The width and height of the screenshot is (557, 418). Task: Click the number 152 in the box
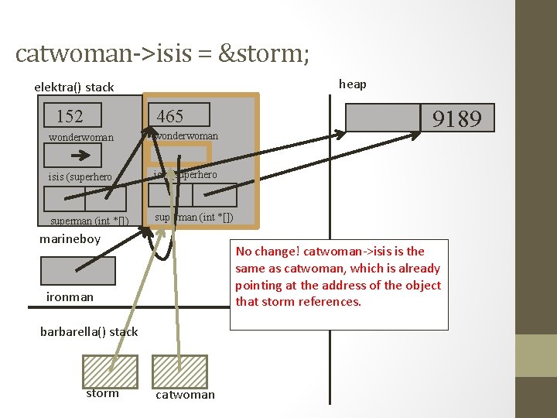(x=70, y=116)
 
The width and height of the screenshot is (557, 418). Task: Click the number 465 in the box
(x=170, y=116)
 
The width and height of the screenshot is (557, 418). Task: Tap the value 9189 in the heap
(x=456, y=118)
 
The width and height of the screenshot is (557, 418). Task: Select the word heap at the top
(x=353, y=84)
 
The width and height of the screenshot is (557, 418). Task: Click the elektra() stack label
(x=74, y=87)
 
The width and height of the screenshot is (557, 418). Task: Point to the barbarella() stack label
(x=89, y=331)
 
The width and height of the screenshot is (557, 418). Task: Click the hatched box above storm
(x=110, y=371)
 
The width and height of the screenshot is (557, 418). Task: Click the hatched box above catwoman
(x=180, y=371)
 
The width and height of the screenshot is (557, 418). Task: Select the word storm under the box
(x=102, y=393)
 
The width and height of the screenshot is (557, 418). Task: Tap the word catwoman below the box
(x=186, y=395)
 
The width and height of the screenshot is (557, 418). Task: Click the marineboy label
(x=70, y=238)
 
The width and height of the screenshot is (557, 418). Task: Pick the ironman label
(x=70, y=296)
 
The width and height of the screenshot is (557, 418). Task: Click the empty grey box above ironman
(x=77, y=271)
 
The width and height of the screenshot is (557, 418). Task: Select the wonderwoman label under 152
(x=81, y=138)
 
